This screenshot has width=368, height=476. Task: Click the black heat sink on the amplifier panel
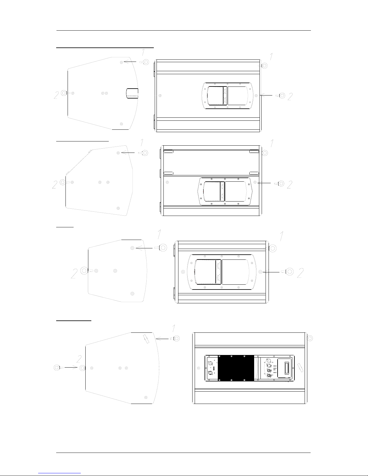[x=236, y=368]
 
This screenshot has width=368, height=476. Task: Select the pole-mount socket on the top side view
[x=132, y=93]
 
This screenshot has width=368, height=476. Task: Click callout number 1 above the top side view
[x=143, y=52]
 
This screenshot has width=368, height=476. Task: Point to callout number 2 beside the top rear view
[x=290, y=97]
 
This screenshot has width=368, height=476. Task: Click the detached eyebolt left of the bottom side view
[x=58, y=368]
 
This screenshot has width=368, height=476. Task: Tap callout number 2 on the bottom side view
[x=79, y=359]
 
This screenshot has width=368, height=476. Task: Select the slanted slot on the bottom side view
[x=146, y=339]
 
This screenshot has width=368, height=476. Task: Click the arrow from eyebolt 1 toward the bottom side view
[x=162, y=339]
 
